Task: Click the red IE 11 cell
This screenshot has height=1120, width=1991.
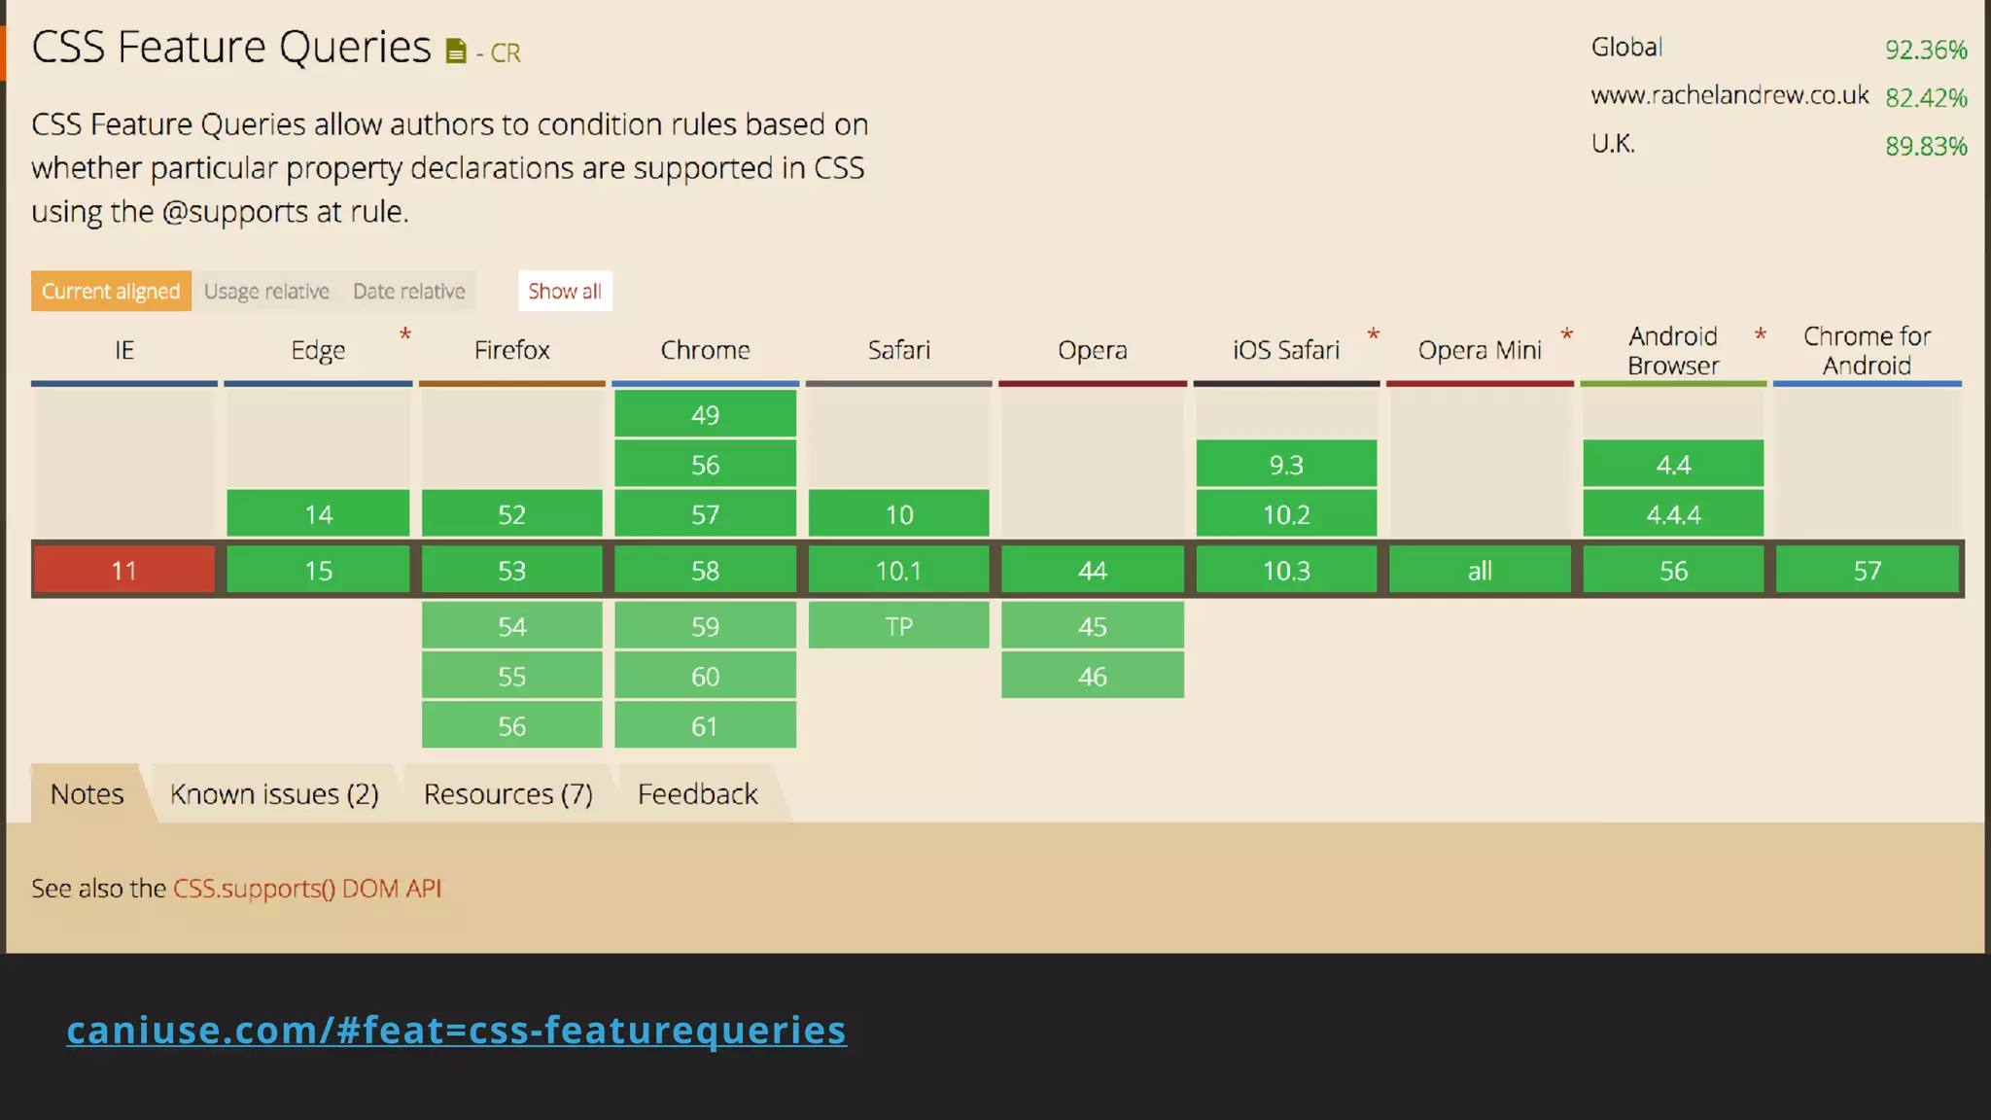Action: point(123,570)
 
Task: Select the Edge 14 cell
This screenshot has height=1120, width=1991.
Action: point(318,513)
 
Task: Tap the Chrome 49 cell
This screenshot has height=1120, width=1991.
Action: point(705,415)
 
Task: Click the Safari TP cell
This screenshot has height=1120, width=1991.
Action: point(898,626)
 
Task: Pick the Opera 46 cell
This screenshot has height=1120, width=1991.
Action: point(1092,676)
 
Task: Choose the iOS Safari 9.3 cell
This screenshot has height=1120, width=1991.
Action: point(1285,464)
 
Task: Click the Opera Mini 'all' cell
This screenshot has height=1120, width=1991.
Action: point(1479,570)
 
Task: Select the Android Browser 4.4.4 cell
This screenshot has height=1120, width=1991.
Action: point(1672,513)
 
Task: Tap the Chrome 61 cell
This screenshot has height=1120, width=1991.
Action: point(705,725)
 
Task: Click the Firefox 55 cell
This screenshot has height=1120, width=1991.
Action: point(511,676)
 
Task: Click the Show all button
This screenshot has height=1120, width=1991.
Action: point(565,291)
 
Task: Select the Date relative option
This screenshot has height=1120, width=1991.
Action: point(408,291)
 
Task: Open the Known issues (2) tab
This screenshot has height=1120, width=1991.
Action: point(274,794)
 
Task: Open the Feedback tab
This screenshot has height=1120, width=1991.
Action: point(697,794)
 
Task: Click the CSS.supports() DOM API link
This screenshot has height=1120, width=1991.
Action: point(307,888)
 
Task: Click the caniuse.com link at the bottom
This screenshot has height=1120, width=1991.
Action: point(456,1030)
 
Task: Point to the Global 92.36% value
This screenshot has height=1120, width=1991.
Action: point(1925,50)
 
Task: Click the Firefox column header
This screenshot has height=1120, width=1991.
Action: point(511,350)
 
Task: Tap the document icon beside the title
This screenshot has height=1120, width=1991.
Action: point(455,51)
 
